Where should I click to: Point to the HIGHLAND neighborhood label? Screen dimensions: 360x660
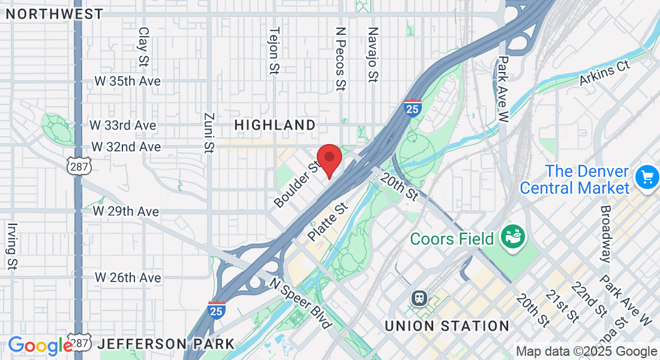tap(275, 125)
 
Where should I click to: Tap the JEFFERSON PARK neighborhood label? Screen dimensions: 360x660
tap(166, 344)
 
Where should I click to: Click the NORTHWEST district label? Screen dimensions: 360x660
tap(55, 14)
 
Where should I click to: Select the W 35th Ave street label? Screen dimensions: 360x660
tap(127, 81)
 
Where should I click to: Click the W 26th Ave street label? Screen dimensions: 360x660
tap(128, 278)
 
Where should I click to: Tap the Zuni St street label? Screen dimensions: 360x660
tap(209, 133)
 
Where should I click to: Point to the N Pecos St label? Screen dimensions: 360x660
tap(341, 58)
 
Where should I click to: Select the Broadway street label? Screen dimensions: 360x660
tap(606, 234)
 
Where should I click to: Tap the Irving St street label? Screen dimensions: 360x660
tap(12, 246)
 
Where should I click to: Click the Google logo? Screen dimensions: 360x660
tap(40, 346)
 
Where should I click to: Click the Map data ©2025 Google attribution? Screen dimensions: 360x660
tap(586, 352)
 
